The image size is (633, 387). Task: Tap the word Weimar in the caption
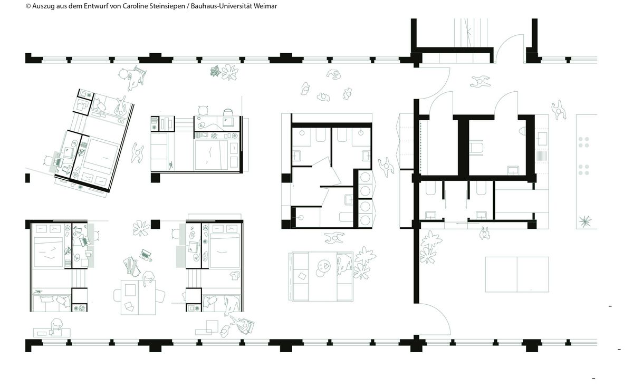click(x=265, y=6)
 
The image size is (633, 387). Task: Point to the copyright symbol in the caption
click(x=28, y=6)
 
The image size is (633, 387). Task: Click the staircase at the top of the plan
click(x=471, y=33)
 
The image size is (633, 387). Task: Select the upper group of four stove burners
click(x=583, y=142)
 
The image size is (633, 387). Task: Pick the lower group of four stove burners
click(x=583, y=170)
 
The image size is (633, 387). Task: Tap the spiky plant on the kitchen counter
click(x=584, y=221)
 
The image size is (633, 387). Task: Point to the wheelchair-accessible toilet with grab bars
click(x=476, y=148)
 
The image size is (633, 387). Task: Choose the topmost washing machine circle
click(x=365, y=178)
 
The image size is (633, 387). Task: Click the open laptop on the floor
click(x=145, y=255)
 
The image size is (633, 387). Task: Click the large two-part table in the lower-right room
click(x=517, y=274)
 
